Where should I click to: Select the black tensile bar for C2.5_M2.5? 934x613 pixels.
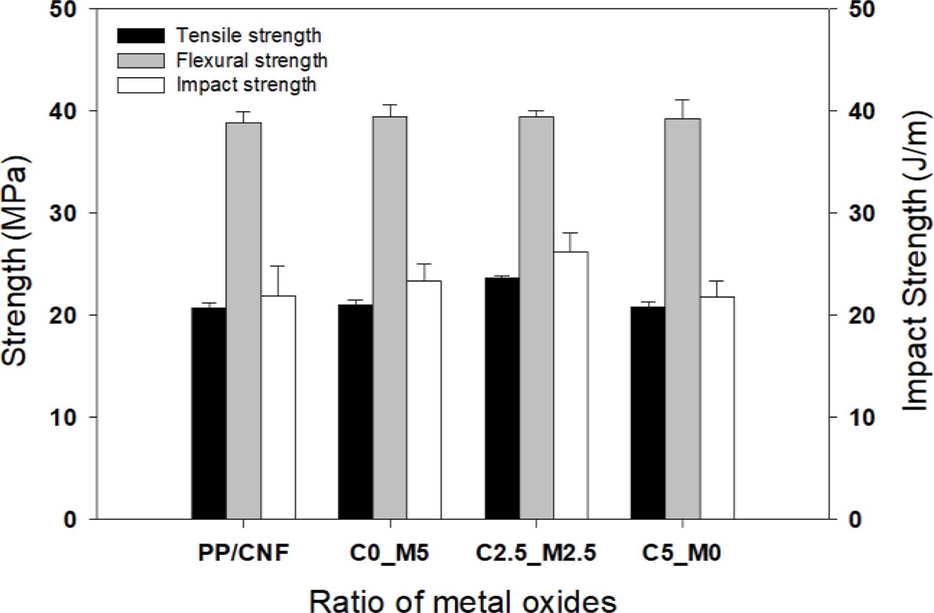(502, 398)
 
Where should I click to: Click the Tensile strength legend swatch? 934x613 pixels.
(140, 35)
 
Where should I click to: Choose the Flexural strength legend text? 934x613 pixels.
(252, 61)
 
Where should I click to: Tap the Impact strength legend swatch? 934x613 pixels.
(140, 85)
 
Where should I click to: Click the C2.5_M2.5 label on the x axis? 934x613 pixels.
(536, 554)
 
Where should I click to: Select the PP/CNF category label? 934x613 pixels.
(244, 554)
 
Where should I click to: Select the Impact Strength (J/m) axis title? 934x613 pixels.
(916, 261)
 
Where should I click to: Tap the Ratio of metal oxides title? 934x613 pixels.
(463, 600)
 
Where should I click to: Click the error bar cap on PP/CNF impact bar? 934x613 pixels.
(278, 266)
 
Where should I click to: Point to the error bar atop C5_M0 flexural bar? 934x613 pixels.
(683, 100)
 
